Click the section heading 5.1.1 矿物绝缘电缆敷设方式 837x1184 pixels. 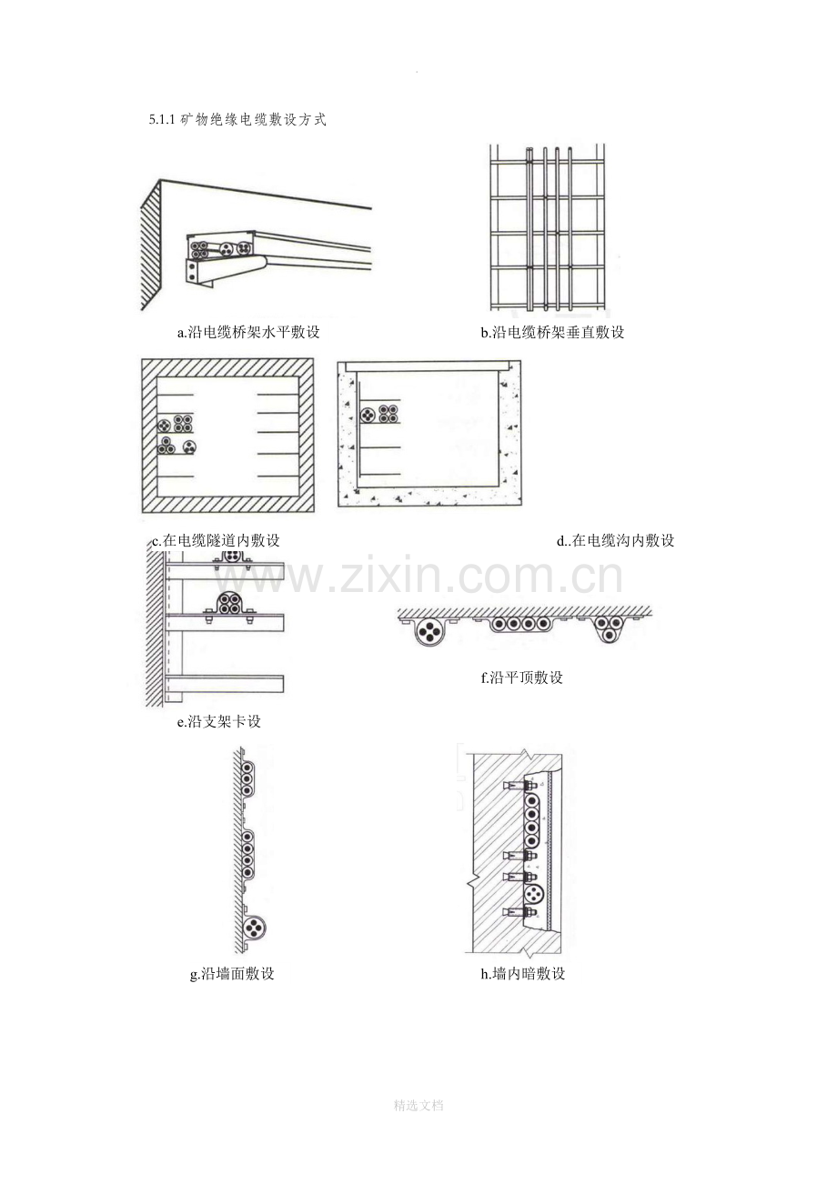pos(237,120)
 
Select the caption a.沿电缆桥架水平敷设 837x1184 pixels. pos(248,332)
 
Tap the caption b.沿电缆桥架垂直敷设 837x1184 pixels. pos(552,332)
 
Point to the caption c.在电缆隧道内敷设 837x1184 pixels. pos(216,540)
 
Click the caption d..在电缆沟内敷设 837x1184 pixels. pos(615,540)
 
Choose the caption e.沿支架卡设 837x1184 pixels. pos(219,721)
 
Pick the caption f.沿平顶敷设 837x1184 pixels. pos(522,677)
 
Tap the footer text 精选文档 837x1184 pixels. pos(418,1105)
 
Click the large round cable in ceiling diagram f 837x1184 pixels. pos(429,631)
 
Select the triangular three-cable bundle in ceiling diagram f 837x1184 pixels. pos(609,628)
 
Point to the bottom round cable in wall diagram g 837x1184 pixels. pos(254,928)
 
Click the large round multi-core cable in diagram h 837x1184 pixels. pos(534,894)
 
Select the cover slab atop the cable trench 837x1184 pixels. pos(426,365)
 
